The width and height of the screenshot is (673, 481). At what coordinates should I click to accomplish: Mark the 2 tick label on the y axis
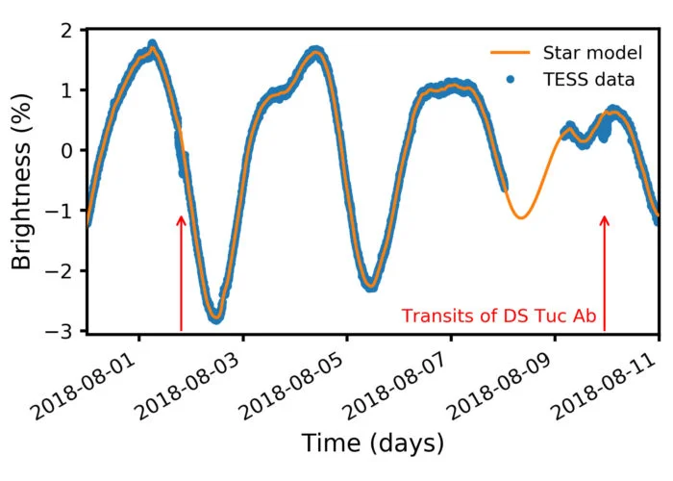tap(67, 31)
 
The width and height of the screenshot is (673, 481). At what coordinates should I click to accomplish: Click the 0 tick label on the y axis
tap(67, 151)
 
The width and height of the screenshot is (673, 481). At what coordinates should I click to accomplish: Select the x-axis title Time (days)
tap(373, 443)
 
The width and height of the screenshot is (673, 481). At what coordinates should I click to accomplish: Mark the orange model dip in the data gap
tap(520, 216)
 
